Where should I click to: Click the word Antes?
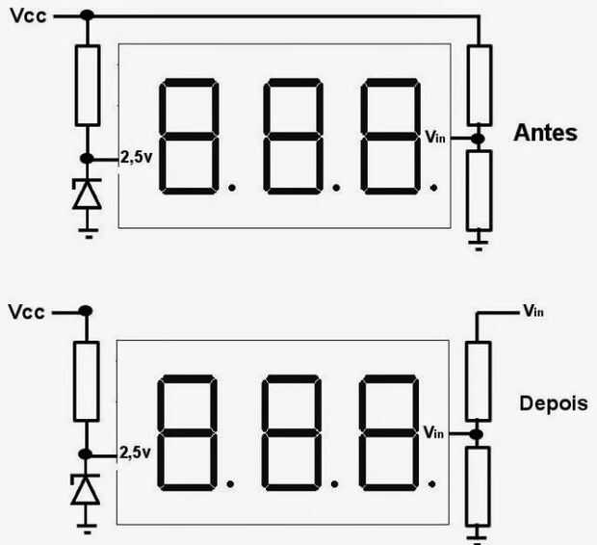(x=545, y=133)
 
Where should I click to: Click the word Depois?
(x=554, y=403)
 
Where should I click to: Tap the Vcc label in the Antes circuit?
(x=29, y=16)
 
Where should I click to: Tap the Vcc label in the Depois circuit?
(x=27, y=312)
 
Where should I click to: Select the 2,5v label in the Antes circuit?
(x=137, y=157)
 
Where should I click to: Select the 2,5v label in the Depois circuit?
(x=135, y=453)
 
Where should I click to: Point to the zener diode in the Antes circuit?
(x=88, y=194)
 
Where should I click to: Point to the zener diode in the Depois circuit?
(x=86, y=490)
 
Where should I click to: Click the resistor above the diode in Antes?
(x=88, y=86)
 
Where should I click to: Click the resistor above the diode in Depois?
(x=86, y=381)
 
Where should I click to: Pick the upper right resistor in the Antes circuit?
(x=480, y=85)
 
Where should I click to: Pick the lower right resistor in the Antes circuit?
(x=479, y=191)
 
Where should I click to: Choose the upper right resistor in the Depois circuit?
(x=478, y=381)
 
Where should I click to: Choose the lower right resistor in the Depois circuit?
(x=478, y=487)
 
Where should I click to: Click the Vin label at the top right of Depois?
(x=533, y=311)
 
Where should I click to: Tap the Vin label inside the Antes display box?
(x=435, y=137)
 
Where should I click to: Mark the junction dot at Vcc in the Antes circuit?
(x=88, y=15)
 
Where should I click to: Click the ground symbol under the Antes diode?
(x=89, y=233)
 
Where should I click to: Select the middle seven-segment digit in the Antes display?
(x=293, y=137)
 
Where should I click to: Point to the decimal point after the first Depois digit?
(x=230, y=484)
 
